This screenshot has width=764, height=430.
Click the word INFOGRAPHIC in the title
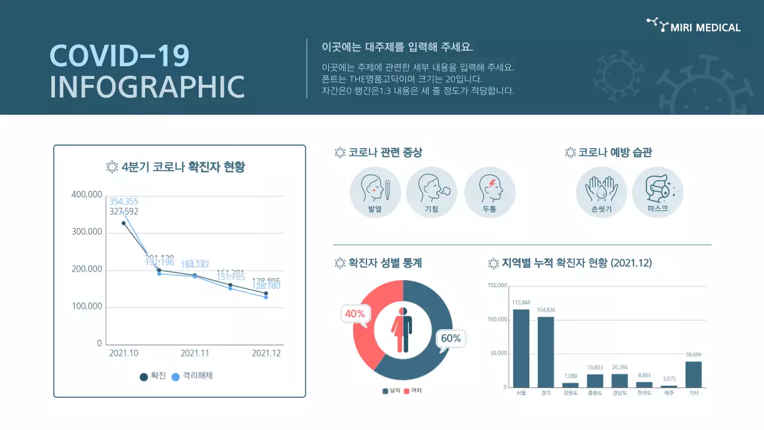click(147, 87)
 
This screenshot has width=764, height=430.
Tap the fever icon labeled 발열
click(375, 192)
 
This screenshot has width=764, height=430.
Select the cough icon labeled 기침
click(431, 192)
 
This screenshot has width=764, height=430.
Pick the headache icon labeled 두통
click(489, 192)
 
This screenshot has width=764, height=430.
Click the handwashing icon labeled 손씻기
click(601, 192)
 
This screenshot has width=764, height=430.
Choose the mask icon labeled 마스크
click(657, 192)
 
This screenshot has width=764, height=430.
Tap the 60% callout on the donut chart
click(451, 339)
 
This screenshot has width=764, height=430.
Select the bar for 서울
click(521, 348)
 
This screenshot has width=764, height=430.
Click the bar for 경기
click(546, 352)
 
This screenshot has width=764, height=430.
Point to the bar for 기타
click(694, 374)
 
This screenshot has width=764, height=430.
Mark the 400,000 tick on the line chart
click(87, 195)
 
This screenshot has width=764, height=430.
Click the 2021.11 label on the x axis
click(195, 353)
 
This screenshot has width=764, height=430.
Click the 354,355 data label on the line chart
click(124, 201)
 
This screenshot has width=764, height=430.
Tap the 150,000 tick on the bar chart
click(497, 285)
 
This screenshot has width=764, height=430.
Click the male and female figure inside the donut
click(402, 330)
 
